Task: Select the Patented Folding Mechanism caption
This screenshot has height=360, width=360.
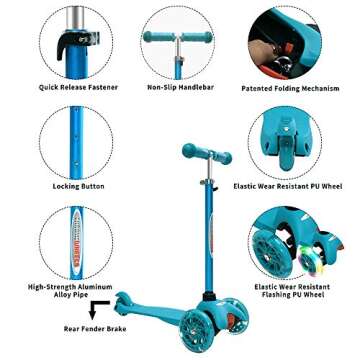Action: click(299, 87)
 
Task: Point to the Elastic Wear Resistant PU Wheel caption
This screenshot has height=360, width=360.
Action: click(299, 187)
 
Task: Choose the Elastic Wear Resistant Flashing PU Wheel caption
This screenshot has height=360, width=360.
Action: click(299, 290)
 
